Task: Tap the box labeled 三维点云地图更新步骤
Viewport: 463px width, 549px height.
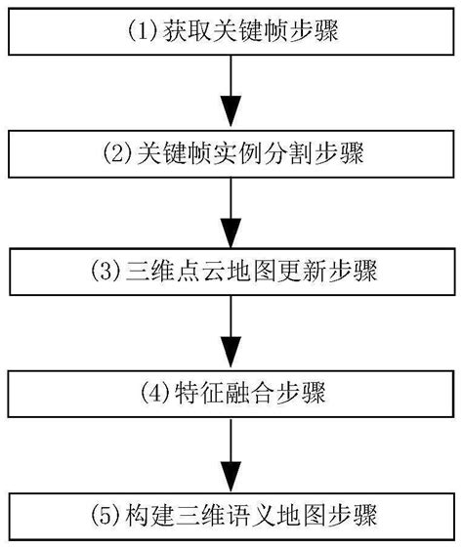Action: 231,272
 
